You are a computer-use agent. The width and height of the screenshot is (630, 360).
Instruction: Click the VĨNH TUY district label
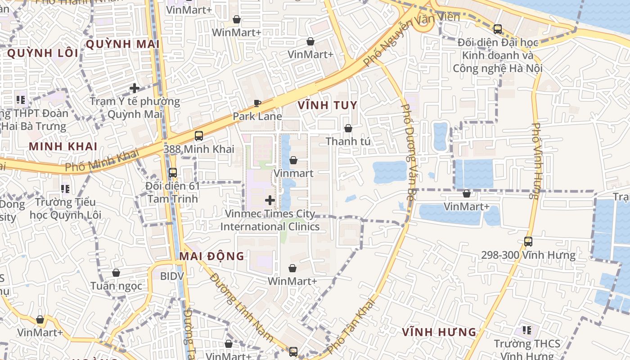coord(327,105)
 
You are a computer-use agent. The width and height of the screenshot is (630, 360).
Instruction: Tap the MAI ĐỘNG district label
coord(211,256)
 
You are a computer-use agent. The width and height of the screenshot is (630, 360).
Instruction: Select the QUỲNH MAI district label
coord(122,44)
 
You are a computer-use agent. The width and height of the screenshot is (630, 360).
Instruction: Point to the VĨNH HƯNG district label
coord(439,332)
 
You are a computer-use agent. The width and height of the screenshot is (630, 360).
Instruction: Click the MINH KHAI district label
coord(63,146)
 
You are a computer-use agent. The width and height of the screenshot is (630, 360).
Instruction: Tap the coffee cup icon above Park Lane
coord(257,103)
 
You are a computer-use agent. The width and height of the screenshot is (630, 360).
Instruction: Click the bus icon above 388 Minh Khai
coord(198,135)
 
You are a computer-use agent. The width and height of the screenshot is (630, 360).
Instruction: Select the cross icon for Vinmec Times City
coord(270,200)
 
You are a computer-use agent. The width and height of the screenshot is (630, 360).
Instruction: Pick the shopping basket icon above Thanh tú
coord(348,128)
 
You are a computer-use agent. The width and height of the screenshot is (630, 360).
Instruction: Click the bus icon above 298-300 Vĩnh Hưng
coord(528,242)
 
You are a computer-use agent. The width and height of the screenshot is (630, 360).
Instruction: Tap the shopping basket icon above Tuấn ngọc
coord(116,273)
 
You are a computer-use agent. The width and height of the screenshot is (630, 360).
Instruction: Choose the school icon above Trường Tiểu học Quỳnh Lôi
coord(65,189)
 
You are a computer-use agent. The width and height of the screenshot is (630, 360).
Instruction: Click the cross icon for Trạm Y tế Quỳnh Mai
coord(134,88)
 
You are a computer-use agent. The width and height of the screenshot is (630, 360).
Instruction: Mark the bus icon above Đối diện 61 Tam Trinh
coord(172,172)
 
